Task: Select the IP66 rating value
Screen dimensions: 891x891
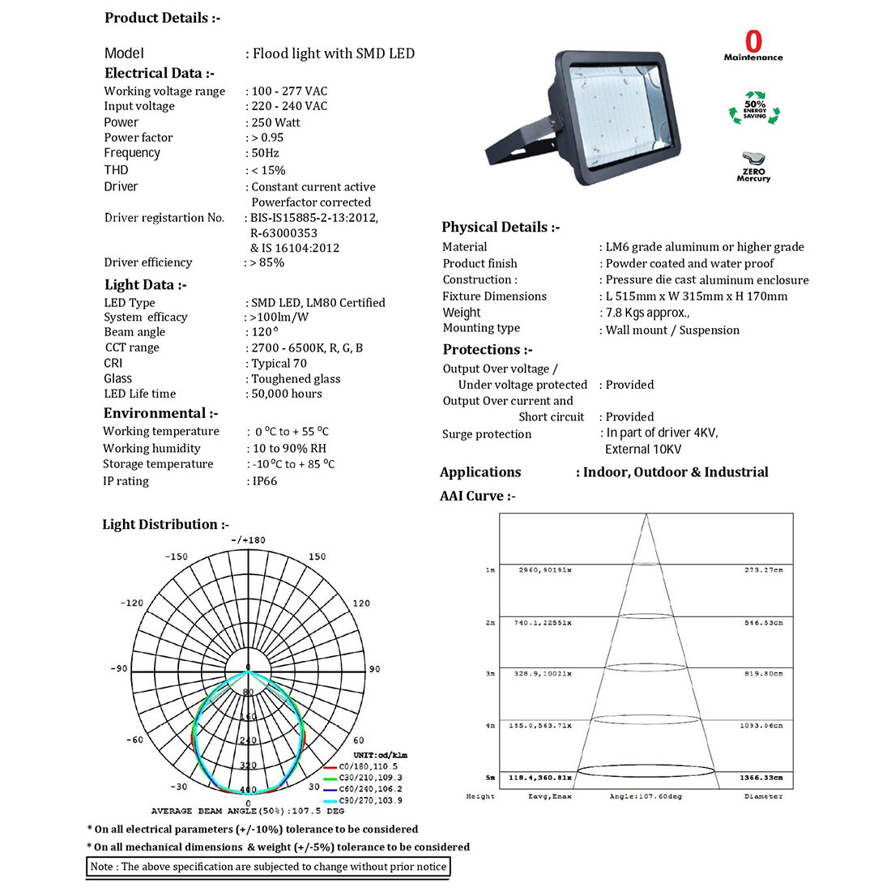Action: [x=264, y=481]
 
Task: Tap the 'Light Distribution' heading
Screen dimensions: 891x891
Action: [x=165, y=525]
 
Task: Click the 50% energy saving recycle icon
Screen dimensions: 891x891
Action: [x=754, y=109]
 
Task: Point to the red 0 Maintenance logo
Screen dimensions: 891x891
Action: [x=753, y=45]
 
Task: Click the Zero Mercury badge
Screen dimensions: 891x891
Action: [x=753, y=167]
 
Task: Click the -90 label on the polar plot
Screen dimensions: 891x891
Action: [x=119, y=669]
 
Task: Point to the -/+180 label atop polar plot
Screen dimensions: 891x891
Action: [x=248, y=540]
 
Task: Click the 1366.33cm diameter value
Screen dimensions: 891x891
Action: [x=761, y=778]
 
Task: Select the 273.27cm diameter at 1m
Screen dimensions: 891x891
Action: [x=764, y=570]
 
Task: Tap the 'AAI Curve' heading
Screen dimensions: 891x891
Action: [x=477, y=496]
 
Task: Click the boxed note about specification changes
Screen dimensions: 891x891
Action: [x=267, y=867]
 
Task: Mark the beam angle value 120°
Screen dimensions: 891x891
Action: [x=265, y=332]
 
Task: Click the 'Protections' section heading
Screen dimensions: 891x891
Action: [x=487, y=350]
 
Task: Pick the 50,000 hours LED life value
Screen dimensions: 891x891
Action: [x=287, y=394]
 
